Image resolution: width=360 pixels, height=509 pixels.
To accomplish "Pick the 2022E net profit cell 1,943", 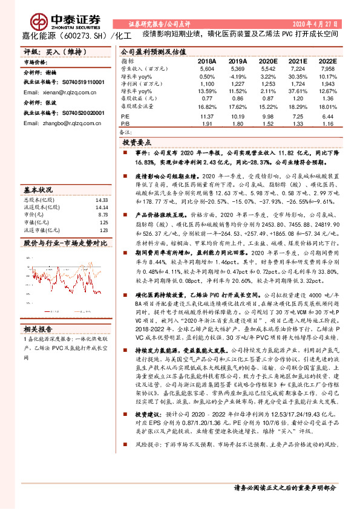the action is (x=327, y=83).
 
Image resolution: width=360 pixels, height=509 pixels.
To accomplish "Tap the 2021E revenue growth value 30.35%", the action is (x=297, y=77).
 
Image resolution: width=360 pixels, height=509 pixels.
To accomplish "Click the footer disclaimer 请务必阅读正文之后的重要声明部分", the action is (x=285, y=487).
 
